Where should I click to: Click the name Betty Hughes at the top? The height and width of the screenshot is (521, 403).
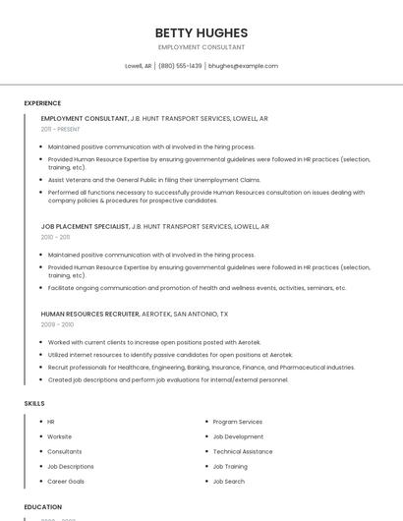(201, 32)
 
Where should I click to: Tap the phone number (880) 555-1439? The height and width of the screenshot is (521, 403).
(180, 66)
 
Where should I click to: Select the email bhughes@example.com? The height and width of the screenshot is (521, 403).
(243, 66)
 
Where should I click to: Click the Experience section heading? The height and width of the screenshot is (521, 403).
(42, 103)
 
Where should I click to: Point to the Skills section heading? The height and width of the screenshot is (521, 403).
(34, 403)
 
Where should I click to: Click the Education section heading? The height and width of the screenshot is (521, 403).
(43, 506)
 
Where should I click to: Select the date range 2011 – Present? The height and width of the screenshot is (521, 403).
(60, 129)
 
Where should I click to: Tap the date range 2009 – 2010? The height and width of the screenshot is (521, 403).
(57, 324)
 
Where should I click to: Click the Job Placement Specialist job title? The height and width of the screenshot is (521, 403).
(85, 226)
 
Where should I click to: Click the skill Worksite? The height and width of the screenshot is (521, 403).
(59, 436)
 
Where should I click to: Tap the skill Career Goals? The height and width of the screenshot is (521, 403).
(66, 482)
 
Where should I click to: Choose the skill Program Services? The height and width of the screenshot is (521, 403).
(237, 422)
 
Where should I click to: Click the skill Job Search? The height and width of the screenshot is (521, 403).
(229, 482)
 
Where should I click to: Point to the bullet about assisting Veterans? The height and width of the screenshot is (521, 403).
(154, 180)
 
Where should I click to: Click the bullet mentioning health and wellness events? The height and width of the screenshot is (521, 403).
(197, 288)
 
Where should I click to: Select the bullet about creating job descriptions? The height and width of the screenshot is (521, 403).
(168, 379)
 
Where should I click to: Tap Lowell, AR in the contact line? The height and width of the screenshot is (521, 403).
(138, 66)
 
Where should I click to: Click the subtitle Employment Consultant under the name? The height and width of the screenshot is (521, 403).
(201, 47)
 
